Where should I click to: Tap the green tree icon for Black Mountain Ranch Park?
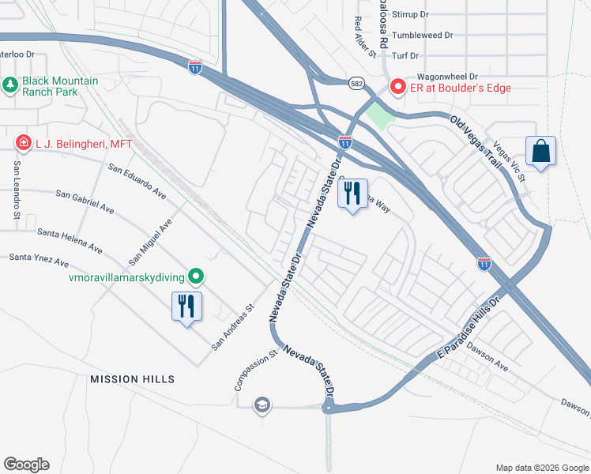(x=10, y=83)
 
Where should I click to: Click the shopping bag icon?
(x=540, y=151)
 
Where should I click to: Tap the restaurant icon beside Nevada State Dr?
(x=352, y=194)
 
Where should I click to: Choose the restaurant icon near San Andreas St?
(x=186, y=306)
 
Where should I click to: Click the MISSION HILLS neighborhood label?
(x=132, y=379)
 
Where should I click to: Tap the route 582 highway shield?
(x=357, y=81)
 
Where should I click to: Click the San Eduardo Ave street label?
(x=137, y=182)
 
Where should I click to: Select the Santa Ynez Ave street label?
(x=39, y=259)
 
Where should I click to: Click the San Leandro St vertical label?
(x=16, y=190)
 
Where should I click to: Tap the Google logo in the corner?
(x=26, y=465)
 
